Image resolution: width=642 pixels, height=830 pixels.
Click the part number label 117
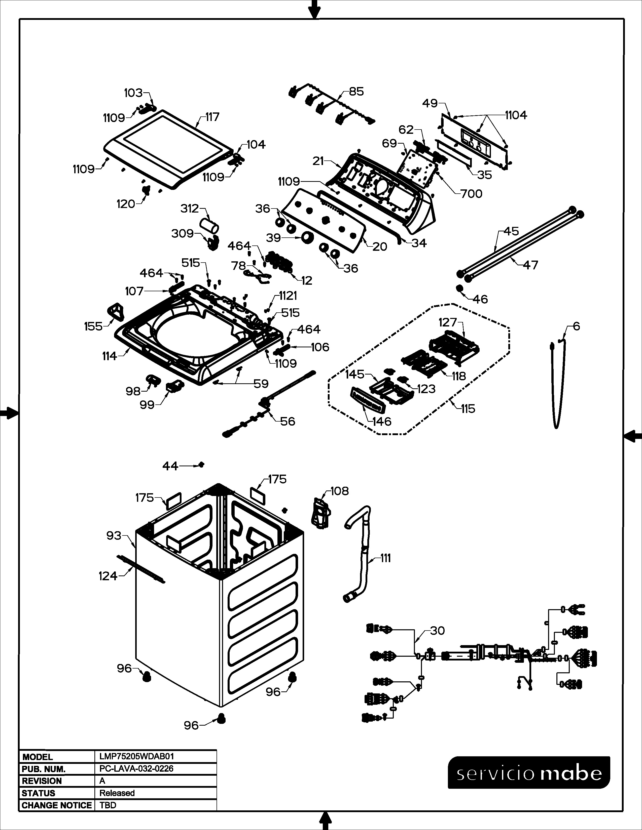pos(212,117)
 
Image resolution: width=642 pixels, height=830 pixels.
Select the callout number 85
pos(356,91)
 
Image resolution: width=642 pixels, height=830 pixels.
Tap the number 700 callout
pos(471,194)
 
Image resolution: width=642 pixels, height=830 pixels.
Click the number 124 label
pos(108,576)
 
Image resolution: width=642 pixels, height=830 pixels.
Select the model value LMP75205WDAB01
pos(136,757)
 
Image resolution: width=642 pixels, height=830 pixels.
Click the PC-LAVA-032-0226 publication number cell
pos(136,768)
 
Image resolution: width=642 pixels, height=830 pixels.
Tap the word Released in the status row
pos(117,793)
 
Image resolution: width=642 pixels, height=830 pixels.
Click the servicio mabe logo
pos(529,772)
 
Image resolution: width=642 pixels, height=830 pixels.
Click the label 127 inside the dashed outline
pos(447,322)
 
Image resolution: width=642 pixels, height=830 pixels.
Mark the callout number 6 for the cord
pos(576,326)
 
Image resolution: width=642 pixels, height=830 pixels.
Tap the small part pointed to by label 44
pos(202,464)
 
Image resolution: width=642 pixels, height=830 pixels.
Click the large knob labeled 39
pos(307,237)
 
